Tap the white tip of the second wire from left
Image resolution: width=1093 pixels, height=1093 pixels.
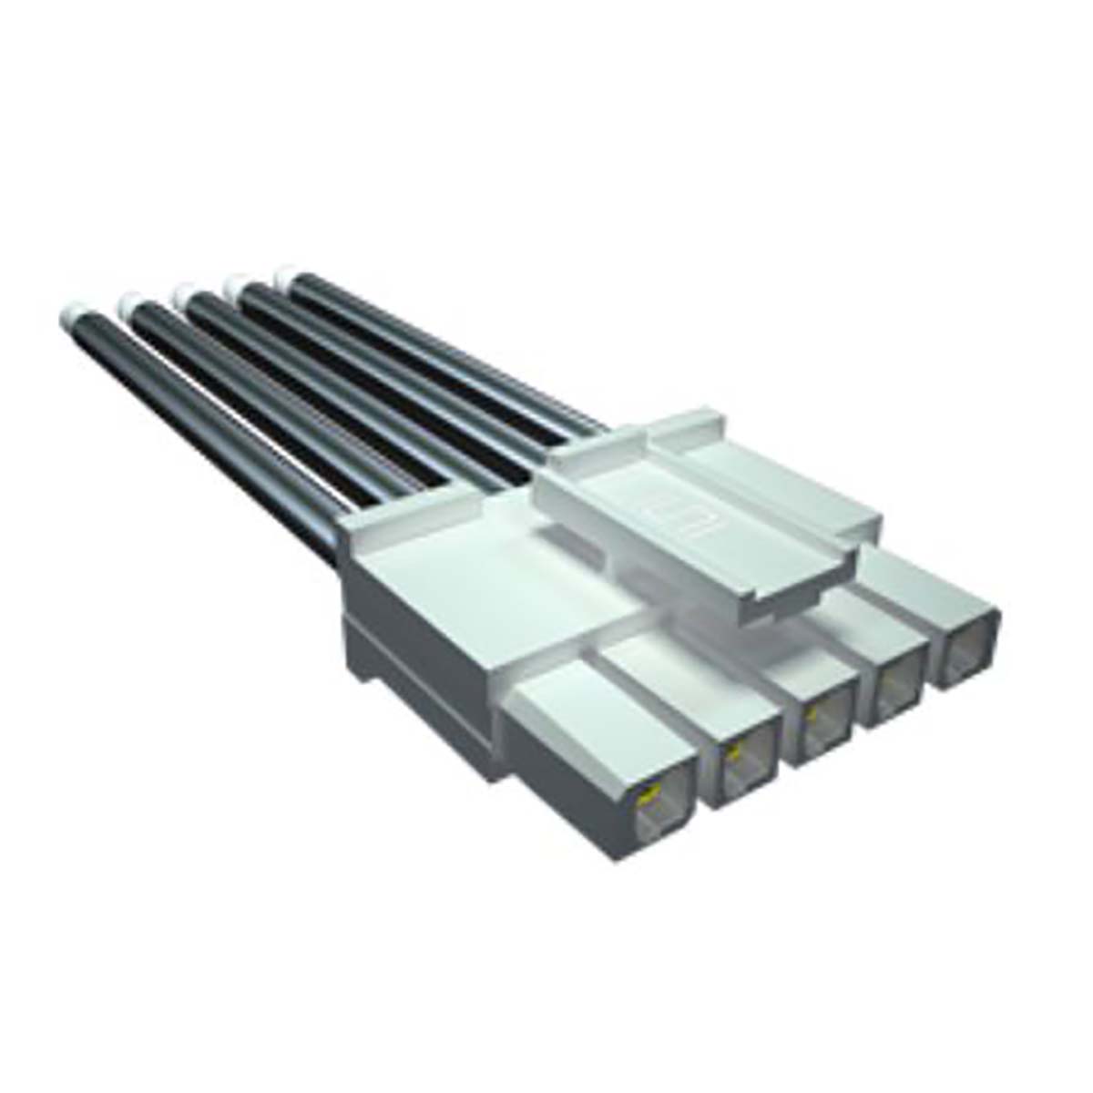point(129,301)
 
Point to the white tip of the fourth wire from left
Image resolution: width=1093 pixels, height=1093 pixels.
point(239,284)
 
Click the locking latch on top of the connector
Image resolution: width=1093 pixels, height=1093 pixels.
point(701,510)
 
